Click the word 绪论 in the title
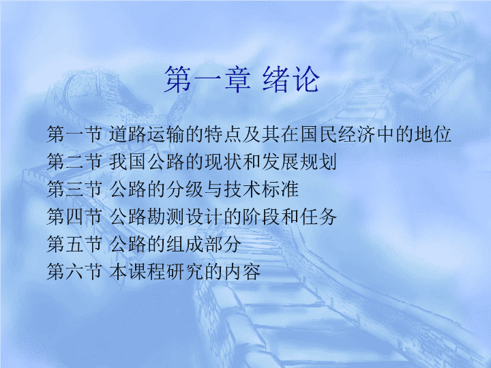(x=291, y=80)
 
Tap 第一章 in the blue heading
(x=207, y=80)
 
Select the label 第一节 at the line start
(x=74, y=134)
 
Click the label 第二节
(x=74, y=162)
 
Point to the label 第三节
(x=74, y=189)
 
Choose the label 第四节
(x=74, y=217)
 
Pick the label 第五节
(x=74, y=244)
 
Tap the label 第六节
(x=74, y=271)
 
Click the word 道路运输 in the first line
(x=147, y=134)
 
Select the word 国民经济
(x=338, y=134)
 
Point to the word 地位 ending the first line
(x=433, y=134)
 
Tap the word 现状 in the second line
(x=223, y=162)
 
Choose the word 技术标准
(x=261, y=189)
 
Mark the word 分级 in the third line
(x=185, y=189)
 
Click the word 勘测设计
(x=185, y=217)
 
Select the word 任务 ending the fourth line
(x=318, y=217)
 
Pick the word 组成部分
(x=204, y=244)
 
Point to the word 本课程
(x=137, y=271)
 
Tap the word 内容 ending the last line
(x=242, y=271)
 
